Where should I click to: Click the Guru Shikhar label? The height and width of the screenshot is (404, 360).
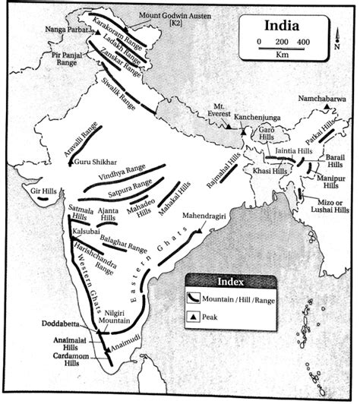click(x=96, y=161)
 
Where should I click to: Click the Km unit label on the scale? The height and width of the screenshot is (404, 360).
click(x=282, y=55)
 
